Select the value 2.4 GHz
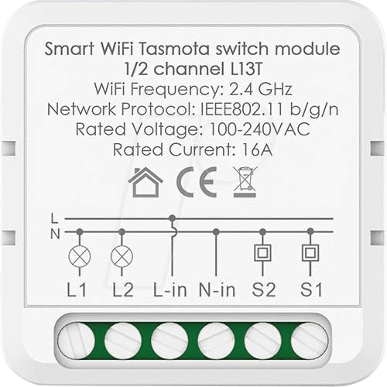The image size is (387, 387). [261, 89]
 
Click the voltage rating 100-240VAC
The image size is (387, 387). [259, 129]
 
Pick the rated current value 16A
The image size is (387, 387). [257, 149]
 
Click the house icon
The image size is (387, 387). [146, 182]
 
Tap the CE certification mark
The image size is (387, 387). [197, 182]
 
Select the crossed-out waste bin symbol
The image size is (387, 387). [245, 182]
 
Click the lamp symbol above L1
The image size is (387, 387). [80, 257]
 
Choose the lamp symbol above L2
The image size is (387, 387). [122, 257]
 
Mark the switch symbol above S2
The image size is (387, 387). [262, 253]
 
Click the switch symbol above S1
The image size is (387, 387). [310, 253]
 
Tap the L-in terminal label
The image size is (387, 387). [170, 289]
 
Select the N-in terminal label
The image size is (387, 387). [217, 289]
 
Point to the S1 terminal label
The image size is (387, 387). [311, 289]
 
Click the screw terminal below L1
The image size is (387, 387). [76, 341]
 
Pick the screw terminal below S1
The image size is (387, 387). [310, 341]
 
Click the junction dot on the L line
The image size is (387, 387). [173, 219]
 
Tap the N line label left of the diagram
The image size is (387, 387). [55, 235]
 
